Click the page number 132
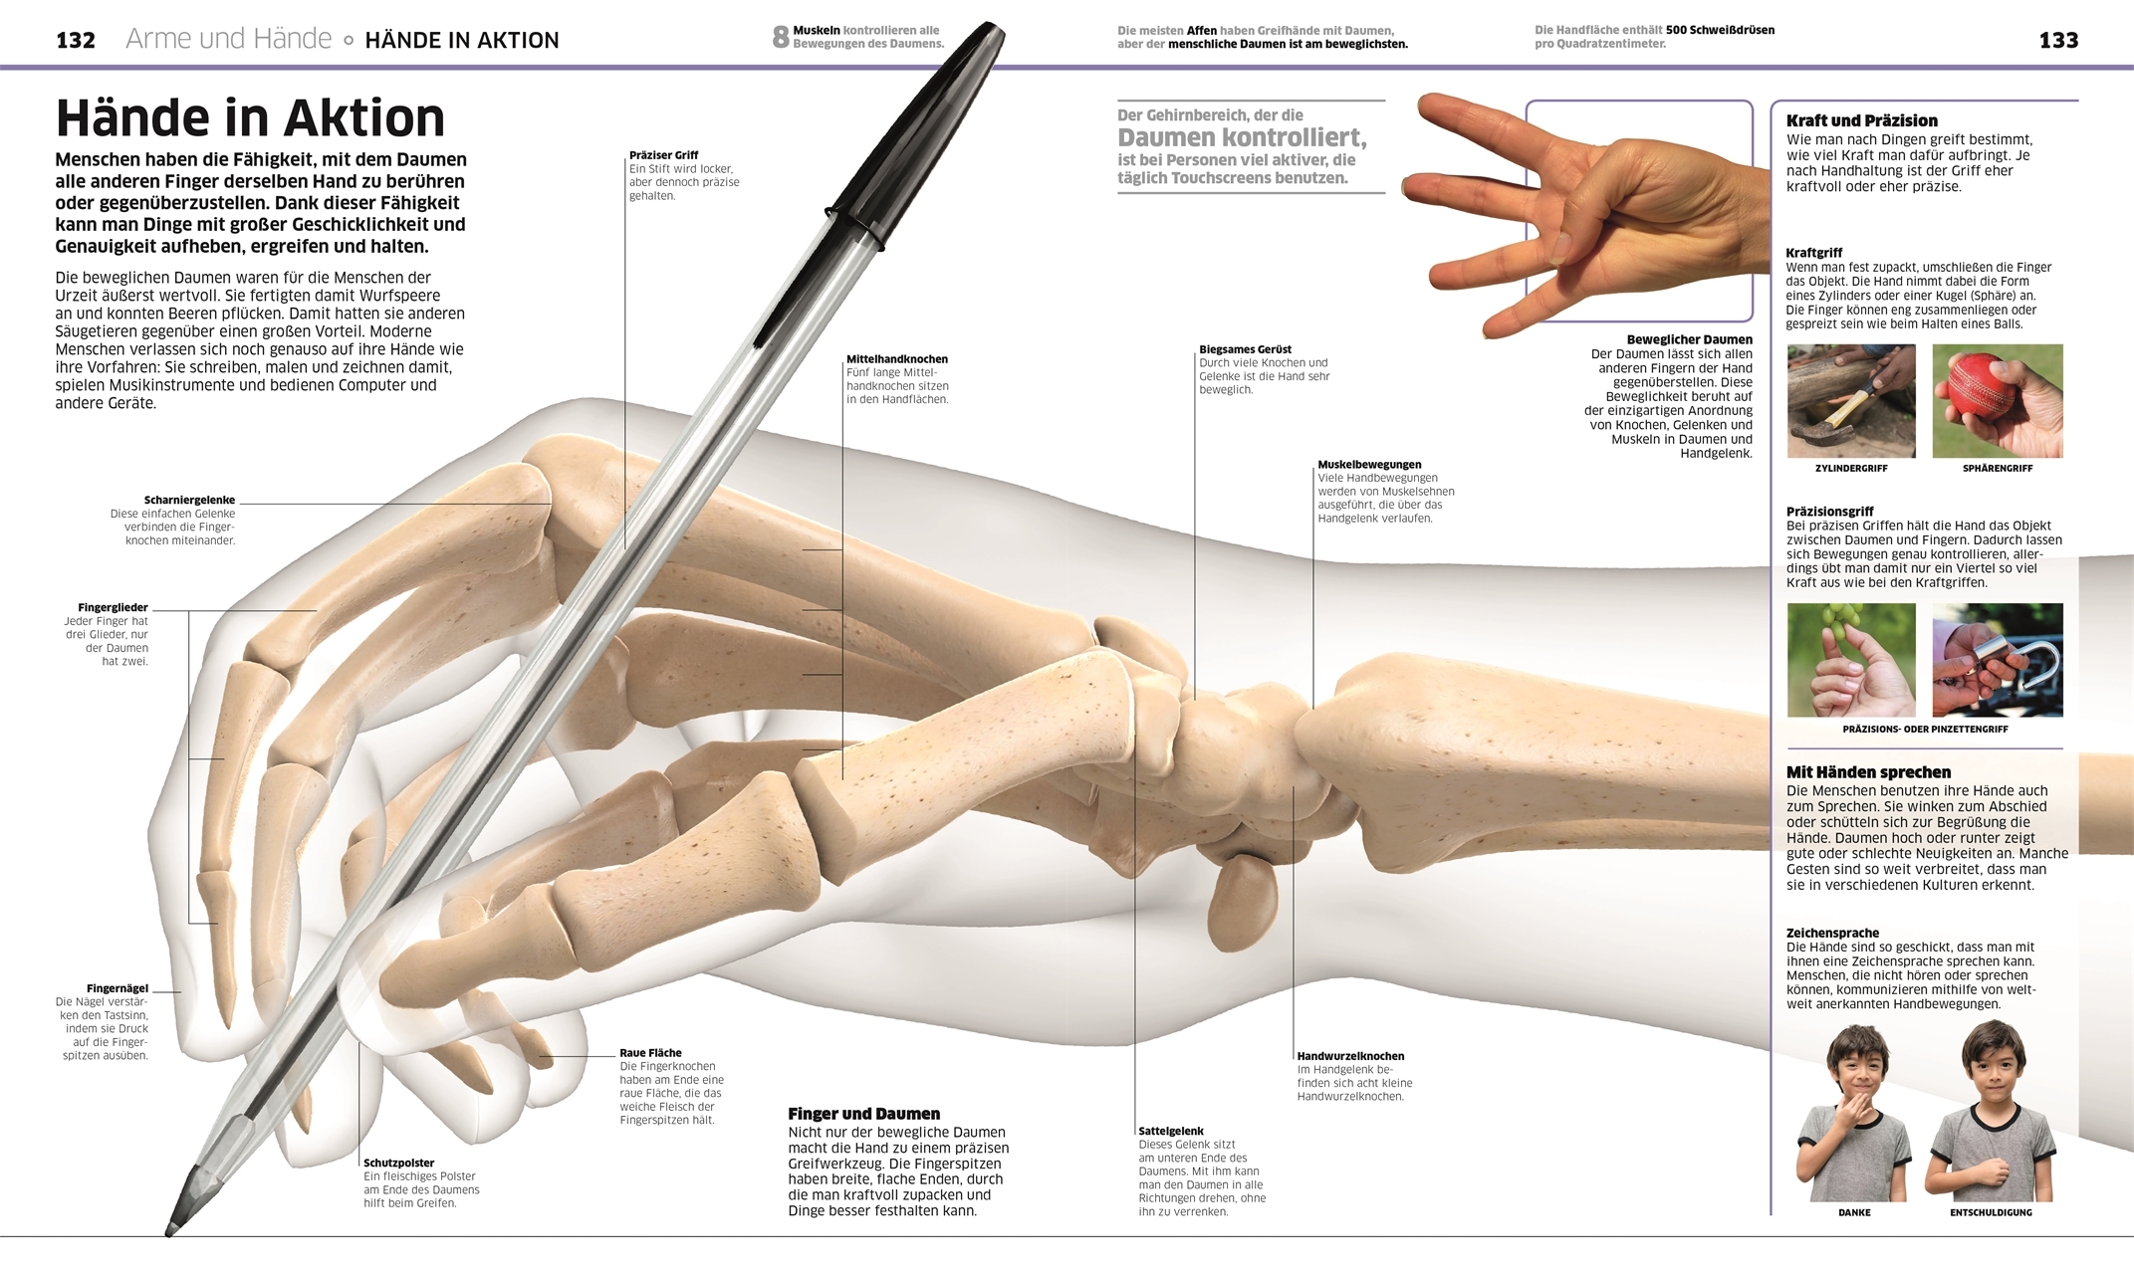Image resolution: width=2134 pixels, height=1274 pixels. (x=76, y=41)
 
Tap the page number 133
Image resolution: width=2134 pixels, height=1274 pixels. (x=2058, y=41)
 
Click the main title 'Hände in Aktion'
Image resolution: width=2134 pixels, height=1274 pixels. (x=250, y=118)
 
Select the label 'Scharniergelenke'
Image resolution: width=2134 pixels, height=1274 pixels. (x=189, y=501)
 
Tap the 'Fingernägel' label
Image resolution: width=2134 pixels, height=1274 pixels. (x=118, y=989)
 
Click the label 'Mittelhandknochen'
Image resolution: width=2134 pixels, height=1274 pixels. (x=897, y=359)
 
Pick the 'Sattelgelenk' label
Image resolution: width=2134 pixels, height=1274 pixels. (x=1171, y=1132)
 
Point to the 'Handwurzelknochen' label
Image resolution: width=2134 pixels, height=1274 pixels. (x=1350, y=1057)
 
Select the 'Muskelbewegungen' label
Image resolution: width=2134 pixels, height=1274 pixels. (x=1369, y=465)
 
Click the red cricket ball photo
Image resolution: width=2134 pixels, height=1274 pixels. (x=1997, y=400)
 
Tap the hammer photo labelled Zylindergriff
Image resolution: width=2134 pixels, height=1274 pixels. (x=1851, y=400)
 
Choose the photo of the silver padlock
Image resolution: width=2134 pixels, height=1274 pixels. (x=1997, y=660)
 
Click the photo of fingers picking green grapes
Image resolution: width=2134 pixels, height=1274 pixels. (x=1851, y=660)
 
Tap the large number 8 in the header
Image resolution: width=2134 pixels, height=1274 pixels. (x=781, y=38)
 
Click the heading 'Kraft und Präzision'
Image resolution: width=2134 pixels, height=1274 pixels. (x=1861, y=121)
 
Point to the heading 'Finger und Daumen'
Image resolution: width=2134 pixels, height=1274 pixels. (x=863, y=1114)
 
